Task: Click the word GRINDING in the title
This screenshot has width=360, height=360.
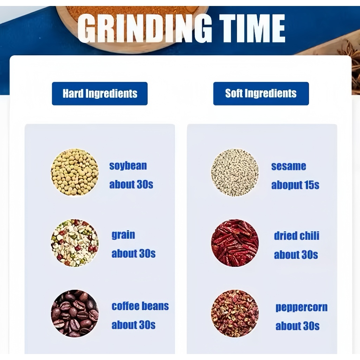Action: (144, 28)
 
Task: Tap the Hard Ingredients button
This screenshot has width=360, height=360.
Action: (99, 94)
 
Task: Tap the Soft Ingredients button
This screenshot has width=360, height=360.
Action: (261, 94)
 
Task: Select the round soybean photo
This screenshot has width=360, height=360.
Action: (75, 172)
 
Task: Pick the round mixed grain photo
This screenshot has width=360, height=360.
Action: (75, 243)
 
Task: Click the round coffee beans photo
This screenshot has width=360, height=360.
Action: (75, 313)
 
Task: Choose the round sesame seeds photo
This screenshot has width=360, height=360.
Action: (234, 172)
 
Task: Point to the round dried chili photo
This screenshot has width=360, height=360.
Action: (234, 243)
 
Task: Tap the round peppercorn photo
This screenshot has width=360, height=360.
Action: (234, 313)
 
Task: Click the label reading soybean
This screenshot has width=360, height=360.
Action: (128, 166)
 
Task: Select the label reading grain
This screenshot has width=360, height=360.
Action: (123, 235)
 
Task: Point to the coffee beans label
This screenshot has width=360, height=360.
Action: (140, 306)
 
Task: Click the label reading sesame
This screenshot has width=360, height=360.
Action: (289, 166)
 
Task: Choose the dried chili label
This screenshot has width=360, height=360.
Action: (297, 236)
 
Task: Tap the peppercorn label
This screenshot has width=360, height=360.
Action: (301, 308)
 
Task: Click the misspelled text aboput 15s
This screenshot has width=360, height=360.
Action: (295, 185)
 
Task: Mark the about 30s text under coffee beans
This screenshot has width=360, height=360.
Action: (133, 325)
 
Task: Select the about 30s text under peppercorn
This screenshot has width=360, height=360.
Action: (297, 326)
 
